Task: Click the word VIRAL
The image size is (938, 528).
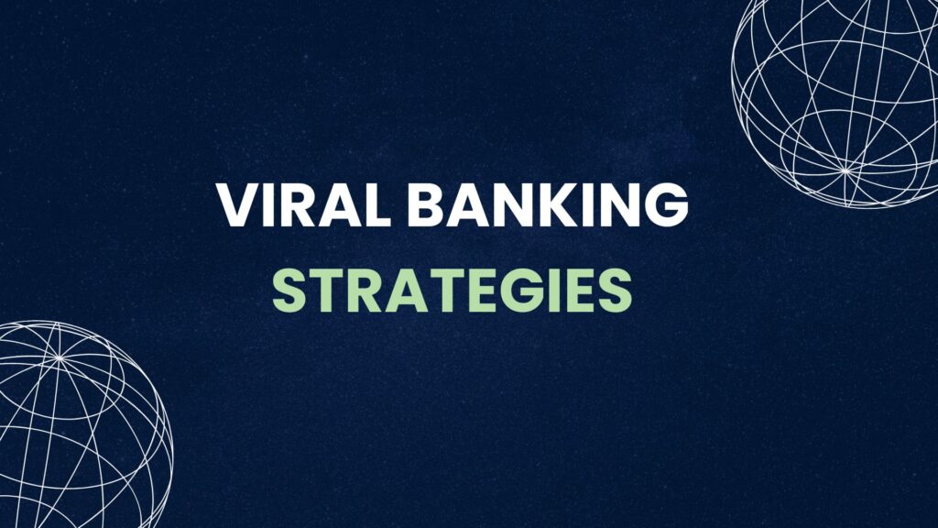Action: point(280,206)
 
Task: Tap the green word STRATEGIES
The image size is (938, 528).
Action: point(453,291)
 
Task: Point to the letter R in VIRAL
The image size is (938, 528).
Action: point(284,206)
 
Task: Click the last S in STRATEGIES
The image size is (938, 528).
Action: point(616,291)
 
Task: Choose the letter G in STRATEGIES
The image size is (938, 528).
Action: point(529,291)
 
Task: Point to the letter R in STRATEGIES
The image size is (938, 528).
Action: point(359,291)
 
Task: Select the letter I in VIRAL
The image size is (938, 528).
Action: point(260,206)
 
